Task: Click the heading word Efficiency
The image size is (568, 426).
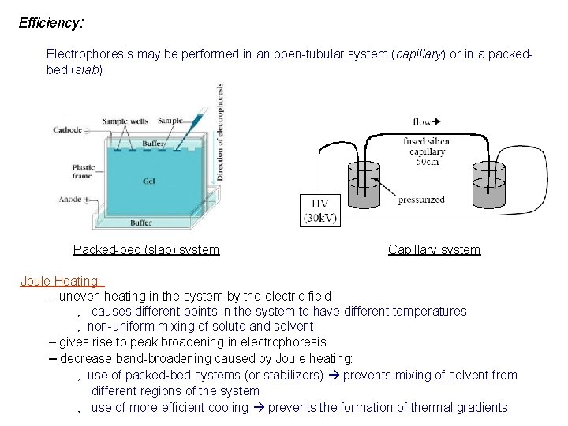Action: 50,22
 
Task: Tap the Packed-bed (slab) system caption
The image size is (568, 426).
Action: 146,249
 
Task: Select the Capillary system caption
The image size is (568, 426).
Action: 434,249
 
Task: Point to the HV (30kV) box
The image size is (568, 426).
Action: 321,209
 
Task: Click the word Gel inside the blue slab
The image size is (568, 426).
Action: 149,181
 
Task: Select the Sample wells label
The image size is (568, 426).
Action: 125,121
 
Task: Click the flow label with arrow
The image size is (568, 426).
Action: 426,122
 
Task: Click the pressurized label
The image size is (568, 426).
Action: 421,200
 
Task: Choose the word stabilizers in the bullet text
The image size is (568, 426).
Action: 286,375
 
